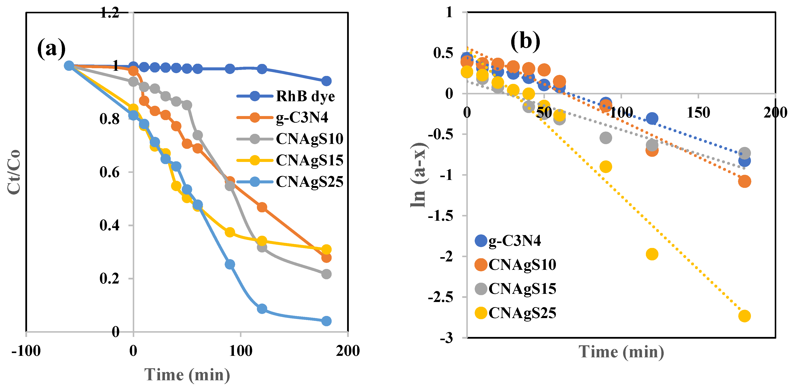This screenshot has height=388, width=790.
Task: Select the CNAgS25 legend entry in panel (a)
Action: point(309,182)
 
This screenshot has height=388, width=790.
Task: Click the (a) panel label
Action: point(51,49)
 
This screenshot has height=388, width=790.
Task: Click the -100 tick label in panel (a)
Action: point(26,351)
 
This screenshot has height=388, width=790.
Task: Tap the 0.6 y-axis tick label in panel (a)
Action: point(110,172)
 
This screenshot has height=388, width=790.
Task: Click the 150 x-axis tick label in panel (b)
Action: point(698,112)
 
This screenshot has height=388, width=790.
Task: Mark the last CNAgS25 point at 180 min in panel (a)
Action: point(326,321)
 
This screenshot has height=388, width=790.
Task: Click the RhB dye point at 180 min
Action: point(326,81)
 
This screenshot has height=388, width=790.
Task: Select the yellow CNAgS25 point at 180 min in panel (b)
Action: point(744,316)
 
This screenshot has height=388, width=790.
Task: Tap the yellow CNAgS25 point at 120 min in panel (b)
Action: point(652,254)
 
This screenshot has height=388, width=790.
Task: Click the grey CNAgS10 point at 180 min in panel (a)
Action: point(326,274)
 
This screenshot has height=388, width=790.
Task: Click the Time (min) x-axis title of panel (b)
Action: point(621,352)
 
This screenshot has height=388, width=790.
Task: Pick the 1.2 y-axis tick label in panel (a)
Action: point(110,13)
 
